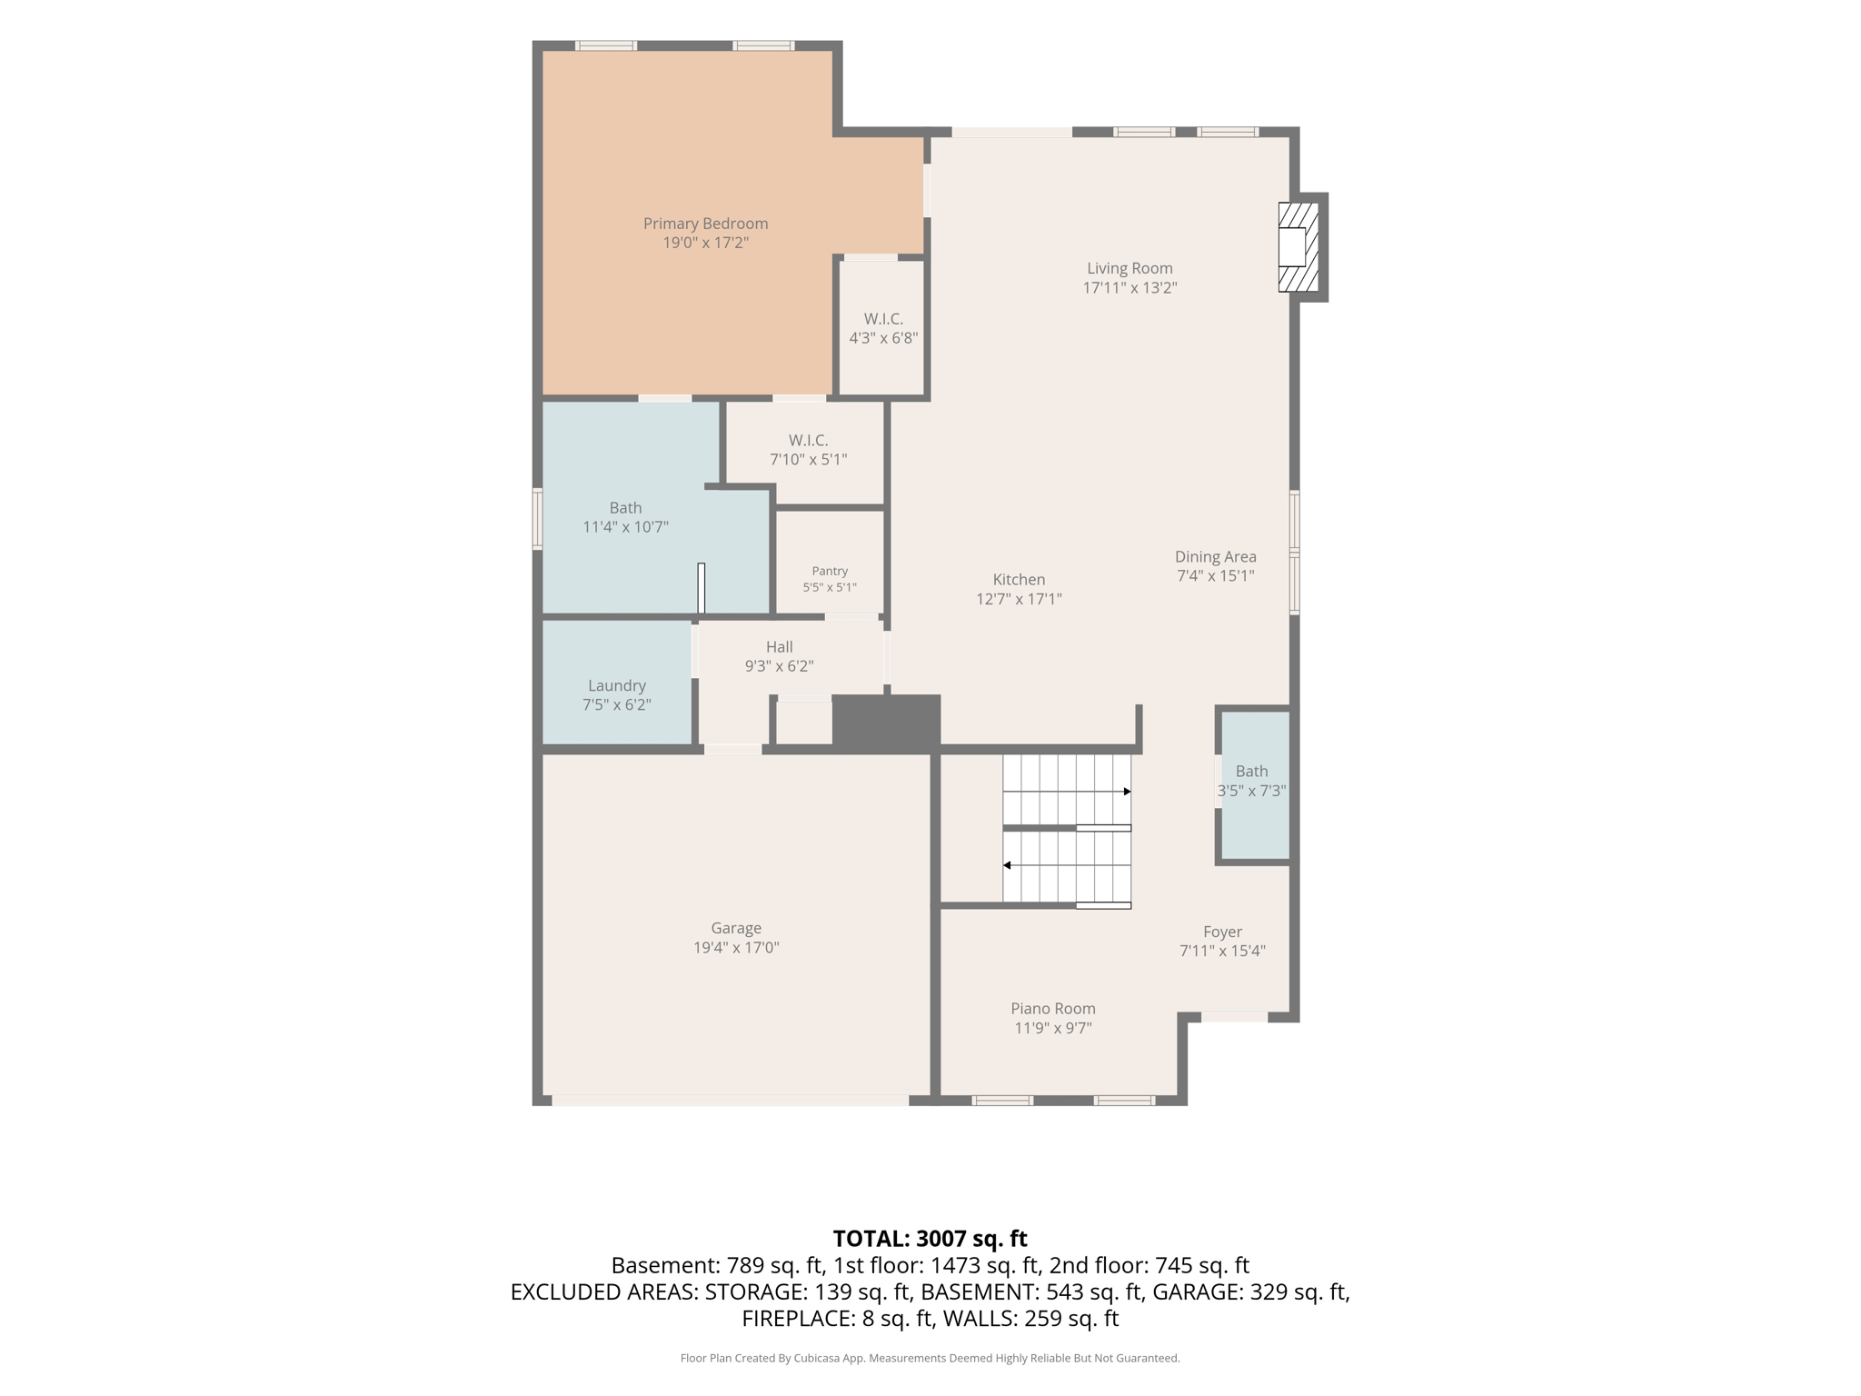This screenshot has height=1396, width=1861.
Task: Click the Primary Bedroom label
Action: coord(705,224)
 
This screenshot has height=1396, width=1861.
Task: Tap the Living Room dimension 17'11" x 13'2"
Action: coord(1130,288)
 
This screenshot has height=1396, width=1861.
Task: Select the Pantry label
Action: coord(830,571)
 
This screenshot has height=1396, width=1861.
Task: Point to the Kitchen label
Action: coord(1019,580)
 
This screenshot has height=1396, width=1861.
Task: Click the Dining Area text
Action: coord(1216,557)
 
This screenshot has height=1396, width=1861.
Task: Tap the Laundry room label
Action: coord(617,686)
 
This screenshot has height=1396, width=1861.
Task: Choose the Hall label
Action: coord(779,647)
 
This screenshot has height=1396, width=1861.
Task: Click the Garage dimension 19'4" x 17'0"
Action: coord(736,948)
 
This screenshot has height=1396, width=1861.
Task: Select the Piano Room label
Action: coord(1053,1009)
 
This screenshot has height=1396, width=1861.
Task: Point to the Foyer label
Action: coord(1222,932)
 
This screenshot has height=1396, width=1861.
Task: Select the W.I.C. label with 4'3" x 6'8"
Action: coord(883,319)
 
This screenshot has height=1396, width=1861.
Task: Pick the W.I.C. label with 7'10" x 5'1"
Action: coord(808,441)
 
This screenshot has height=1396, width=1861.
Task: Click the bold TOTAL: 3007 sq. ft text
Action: coord(930,1239)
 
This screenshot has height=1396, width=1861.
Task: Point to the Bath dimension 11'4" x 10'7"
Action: coord(625,527)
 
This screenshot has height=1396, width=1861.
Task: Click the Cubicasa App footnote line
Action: coord(930,1359)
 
